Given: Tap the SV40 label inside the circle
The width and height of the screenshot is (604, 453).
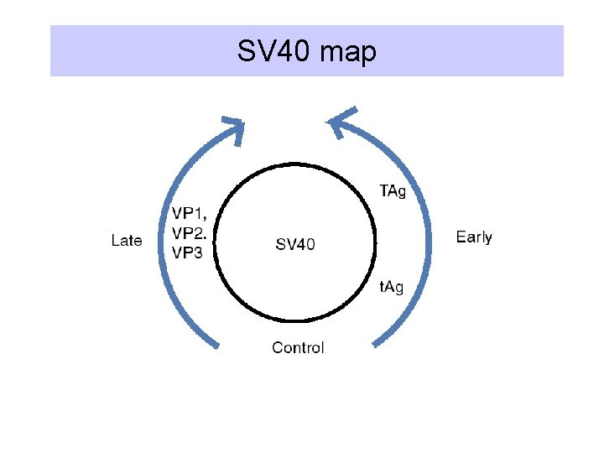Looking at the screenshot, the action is (x=295, y=245).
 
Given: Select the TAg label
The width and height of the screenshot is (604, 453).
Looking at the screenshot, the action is (x=393, y=191).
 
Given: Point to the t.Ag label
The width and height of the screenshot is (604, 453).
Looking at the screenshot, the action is (x=392, y=287).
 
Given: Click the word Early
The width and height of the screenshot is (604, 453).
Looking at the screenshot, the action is (x=474, y=237).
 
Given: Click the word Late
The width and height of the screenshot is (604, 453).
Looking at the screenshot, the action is (x=127, y=241).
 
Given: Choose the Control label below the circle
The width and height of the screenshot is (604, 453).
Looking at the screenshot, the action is (x=298, y=347).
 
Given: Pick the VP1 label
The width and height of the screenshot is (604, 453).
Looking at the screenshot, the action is (x=190, y=213).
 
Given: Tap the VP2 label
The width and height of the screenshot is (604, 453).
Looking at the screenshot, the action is (x=190, y=232).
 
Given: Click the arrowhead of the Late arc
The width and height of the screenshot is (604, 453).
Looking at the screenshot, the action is (x=232, y=129).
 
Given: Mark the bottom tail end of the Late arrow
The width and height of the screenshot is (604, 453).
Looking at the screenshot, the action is (x=217, y=344).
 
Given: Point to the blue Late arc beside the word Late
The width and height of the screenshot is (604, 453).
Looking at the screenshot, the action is (x=159, y=241).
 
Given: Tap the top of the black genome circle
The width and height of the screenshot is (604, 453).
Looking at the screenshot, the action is (x=295, y=165).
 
